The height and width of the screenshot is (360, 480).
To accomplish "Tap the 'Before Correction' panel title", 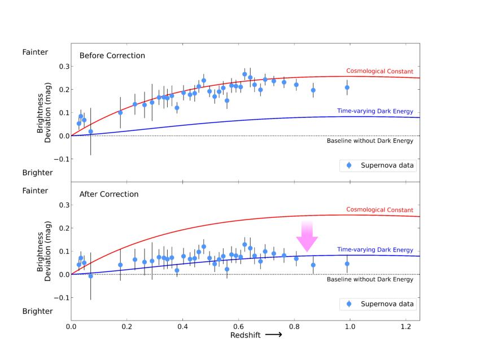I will (x=112, y=56).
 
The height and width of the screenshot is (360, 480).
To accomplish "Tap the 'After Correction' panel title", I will (x=109, y=194).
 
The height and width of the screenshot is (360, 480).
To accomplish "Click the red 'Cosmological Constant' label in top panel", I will (x=379, y=72).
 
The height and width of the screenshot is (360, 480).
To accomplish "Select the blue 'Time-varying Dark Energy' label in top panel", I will (x=375, y=111).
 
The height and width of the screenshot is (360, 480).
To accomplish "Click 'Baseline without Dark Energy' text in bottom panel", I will (x=370, y=279).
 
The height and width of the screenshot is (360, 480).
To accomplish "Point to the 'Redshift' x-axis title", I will (x=246, y=335).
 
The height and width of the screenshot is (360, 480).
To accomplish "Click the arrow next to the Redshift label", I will (x=273, y=335).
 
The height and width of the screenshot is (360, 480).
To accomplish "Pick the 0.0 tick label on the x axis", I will (x=71, y=326).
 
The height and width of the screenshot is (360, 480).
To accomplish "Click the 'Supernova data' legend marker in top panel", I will (x=348, y=165).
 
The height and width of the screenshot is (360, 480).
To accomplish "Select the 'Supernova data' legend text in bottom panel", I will (x=387, y=304).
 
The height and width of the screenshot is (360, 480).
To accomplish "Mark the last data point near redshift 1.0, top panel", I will (x=347, y=87).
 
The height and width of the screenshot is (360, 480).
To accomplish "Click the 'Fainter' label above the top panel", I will (x=35, y=52).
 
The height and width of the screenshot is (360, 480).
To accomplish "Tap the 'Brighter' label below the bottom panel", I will (x=37, y=311).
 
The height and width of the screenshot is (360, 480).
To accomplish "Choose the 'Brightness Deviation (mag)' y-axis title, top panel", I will (x=44, y=113).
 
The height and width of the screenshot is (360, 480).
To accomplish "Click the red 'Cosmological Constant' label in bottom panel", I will (x=379, y=210).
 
